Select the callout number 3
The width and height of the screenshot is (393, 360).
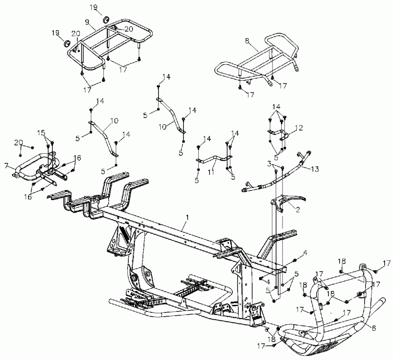coord(270,163)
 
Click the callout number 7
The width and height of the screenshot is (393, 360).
coord(6,166)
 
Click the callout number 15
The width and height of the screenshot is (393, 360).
coord(41,132)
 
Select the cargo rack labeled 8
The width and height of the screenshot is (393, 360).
coord(258,61)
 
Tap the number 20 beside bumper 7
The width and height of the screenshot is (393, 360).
coord(18,143)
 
